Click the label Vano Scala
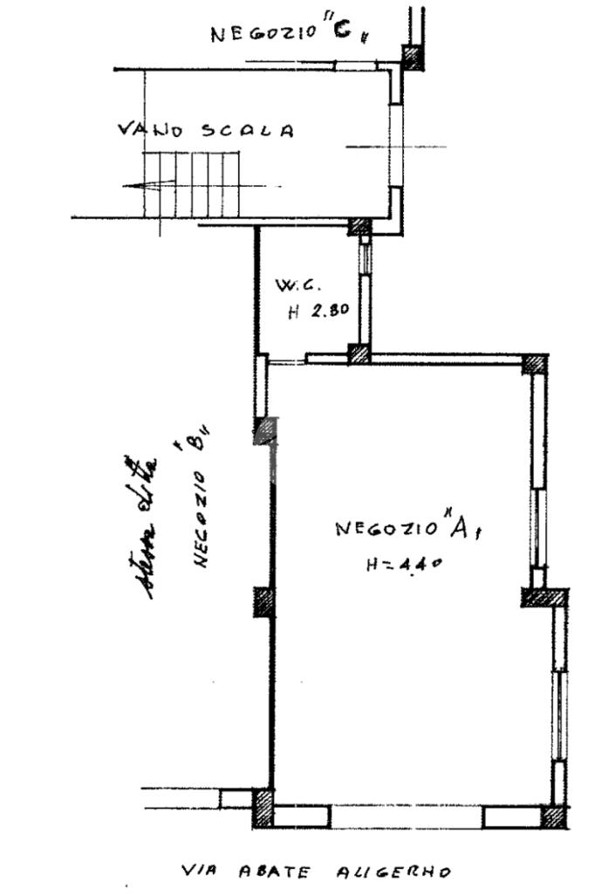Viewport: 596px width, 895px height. pyautogui.click(x=206, y=130)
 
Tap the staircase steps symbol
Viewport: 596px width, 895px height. pyautogui.click(x=192, y=183)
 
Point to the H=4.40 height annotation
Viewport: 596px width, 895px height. pyautogui.click(x=402, y=564)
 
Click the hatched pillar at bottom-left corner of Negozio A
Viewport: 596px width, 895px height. pyautogui.click(x=262, y=808)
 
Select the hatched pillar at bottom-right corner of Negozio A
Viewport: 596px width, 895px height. pyautogui.click(x=553, y=817)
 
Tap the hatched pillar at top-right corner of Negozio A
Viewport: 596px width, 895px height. pyautogui.click(x=535, y=364)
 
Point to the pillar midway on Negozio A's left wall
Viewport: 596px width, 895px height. pyautogui.click(x=264, y=602)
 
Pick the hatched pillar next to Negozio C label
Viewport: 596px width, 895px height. pyautogui.click(x=412, y=58)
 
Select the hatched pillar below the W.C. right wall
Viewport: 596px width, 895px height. pyautogui.click(x=359, y=354)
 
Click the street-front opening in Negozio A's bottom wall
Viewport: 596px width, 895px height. pyautogui.click(x=406, y=817)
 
